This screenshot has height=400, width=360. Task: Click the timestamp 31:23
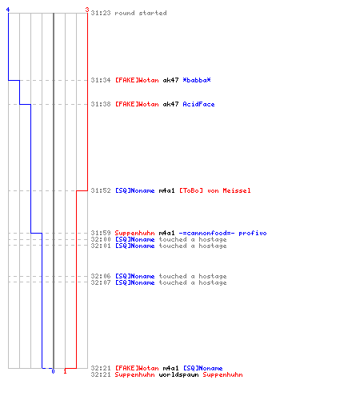pyautogui.click(x=101, y=13)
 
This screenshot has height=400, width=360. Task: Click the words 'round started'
pyautogui.click(x=141, y=13)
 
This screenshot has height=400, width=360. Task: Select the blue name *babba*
pyautogui.click(x=197, y=80)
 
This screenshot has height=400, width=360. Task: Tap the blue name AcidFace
pyautogui.click(x=198, y=104)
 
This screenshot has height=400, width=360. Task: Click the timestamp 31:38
pyautogui.click(x=101, y=104)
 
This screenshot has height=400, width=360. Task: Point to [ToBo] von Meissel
pyautogui.click(x=214, y=190)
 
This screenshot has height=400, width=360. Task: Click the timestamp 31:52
pyautogui.click(x=101, y=190)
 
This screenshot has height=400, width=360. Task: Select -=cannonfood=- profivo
pyautogui.click(x=222, y=233)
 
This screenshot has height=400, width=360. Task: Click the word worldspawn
pyautogui.click(x=178, y=374)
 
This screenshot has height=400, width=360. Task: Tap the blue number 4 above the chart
pyautogui.click(x=8, y=10)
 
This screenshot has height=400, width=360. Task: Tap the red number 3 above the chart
pyautogui.click(x=87, y=10)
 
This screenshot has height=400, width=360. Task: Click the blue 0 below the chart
pyautogui.click(x=53, y=371)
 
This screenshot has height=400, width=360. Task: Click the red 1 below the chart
pyautogui.click(x=65, y=371)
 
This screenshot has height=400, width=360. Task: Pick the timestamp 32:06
pyautogui.click(x=101, y=276)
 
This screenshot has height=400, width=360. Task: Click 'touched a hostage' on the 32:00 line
pyautogui.click(x=193, y=239)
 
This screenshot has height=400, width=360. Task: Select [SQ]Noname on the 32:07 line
pyautogui.click(x=134, y=282)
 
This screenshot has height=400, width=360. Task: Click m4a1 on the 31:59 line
pyautogui.click(x=166, y=233)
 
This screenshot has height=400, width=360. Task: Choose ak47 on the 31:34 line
pyautogui.click(x=170, y=80)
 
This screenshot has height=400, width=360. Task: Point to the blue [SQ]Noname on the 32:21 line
pyautogui.click(x=202, y=368)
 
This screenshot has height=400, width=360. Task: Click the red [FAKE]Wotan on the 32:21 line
pyautogui.click(x=137, y=368)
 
